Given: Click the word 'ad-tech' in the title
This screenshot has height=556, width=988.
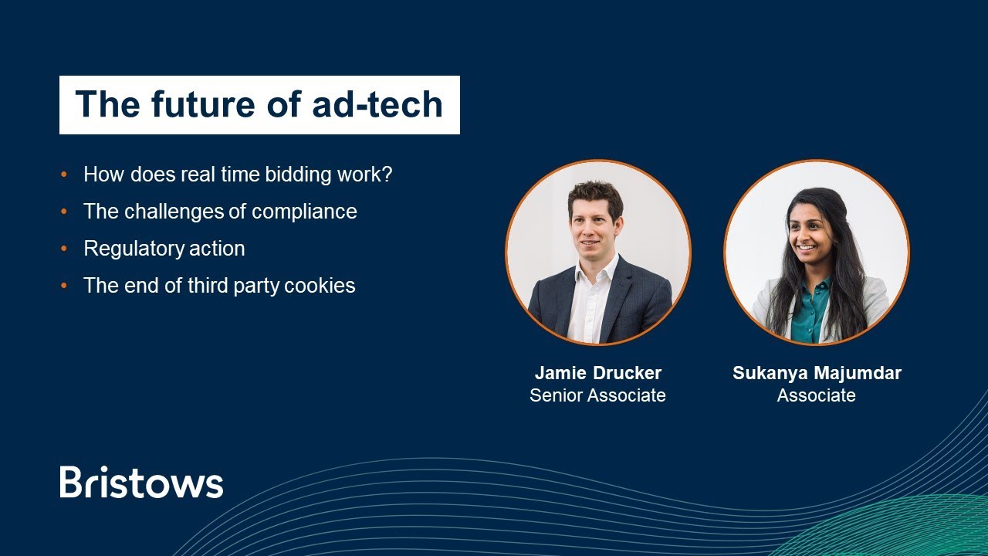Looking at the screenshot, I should tap(377, 104).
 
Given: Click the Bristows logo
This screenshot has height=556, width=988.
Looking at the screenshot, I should tap(141, 482).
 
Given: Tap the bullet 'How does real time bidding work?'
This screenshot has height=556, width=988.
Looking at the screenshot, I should tap(238, 175).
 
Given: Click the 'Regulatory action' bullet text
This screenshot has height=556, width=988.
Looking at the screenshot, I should tap(164, 249).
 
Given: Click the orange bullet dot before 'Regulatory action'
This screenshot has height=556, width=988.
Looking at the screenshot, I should tap(64, 249).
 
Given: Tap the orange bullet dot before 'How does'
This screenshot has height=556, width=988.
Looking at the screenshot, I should tap(64, 175).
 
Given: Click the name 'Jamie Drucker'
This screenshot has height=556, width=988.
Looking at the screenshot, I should tap(597, 373).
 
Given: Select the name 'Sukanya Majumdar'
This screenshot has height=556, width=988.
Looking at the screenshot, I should tap(817, 373).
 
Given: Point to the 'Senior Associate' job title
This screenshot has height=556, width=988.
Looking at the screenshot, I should tap(597, 395).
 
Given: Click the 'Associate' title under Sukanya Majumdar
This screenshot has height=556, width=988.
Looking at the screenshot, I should tap(816, 395).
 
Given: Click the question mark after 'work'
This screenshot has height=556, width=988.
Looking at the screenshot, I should tap(387, 175).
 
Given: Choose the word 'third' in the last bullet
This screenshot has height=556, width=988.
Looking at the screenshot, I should tap(209, 286).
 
